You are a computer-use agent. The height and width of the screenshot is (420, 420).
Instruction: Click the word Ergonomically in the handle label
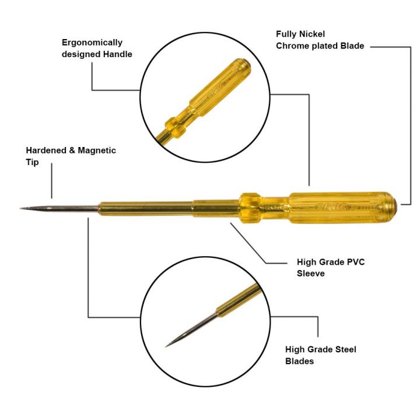click(x=92, y=43)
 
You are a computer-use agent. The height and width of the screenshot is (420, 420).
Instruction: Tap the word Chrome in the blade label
click(x=291, y=46)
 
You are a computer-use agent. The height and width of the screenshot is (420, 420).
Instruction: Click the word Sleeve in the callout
click(x=310, y=272)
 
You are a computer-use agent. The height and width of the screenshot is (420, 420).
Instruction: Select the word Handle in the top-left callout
click(x=117, y=54)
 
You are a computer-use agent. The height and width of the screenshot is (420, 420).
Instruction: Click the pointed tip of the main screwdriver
click(x=22, y=208)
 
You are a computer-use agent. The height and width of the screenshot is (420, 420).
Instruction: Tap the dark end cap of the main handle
click(x=398, y=204)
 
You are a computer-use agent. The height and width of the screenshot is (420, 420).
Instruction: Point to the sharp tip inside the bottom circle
click(x=168, y=345)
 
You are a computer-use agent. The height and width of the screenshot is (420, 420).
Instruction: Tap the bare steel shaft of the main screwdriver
click(x=64, y=208)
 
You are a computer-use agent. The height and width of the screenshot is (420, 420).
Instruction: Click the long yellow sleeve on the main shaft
click(x=146, y=208)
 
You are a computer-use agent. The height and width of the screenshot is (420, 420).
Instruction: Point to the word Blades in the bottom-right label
click(x=300, y=361)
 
